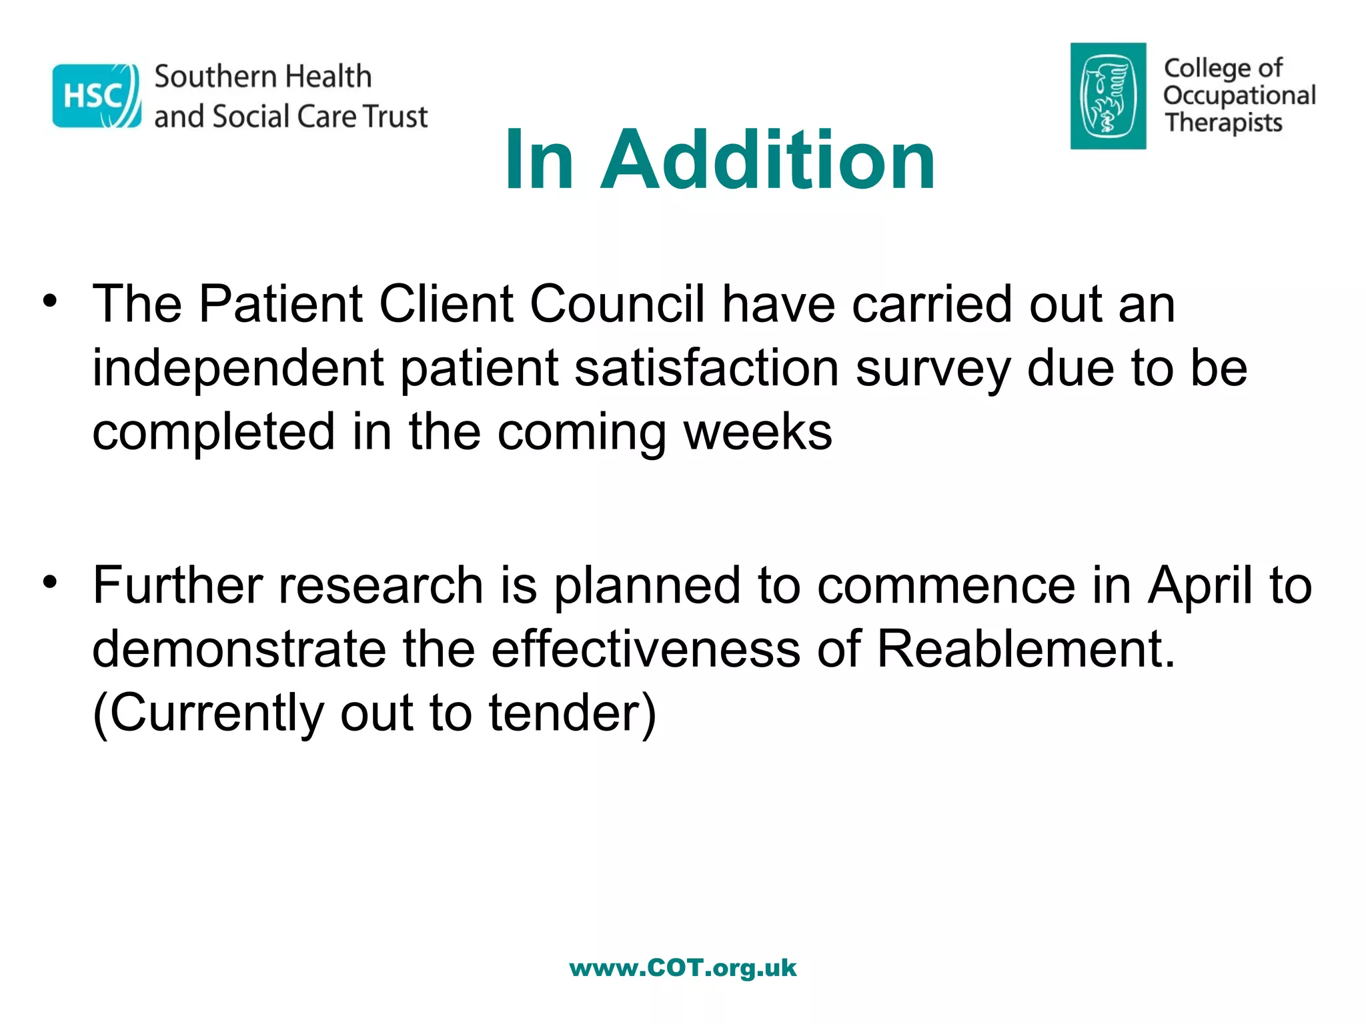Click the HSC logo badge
pos(97,96)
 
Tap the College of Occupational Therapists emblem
pos(1108,96)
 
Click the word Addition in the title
pos(768,160)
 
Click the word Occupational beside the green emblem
pos(1239,95)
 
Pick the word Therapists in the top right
pos(1223,123)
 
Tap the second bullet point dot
pos(50,581)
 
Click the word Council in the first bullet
pos(617,304)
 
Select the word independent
pos(238,368)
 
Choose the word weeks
pos(758,431)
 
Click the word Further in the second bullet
pos(177,585)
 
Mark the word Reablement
pos(1025,649)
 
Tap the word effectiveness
pos(646,649)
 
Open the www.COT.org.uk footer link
pos(683,968)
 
